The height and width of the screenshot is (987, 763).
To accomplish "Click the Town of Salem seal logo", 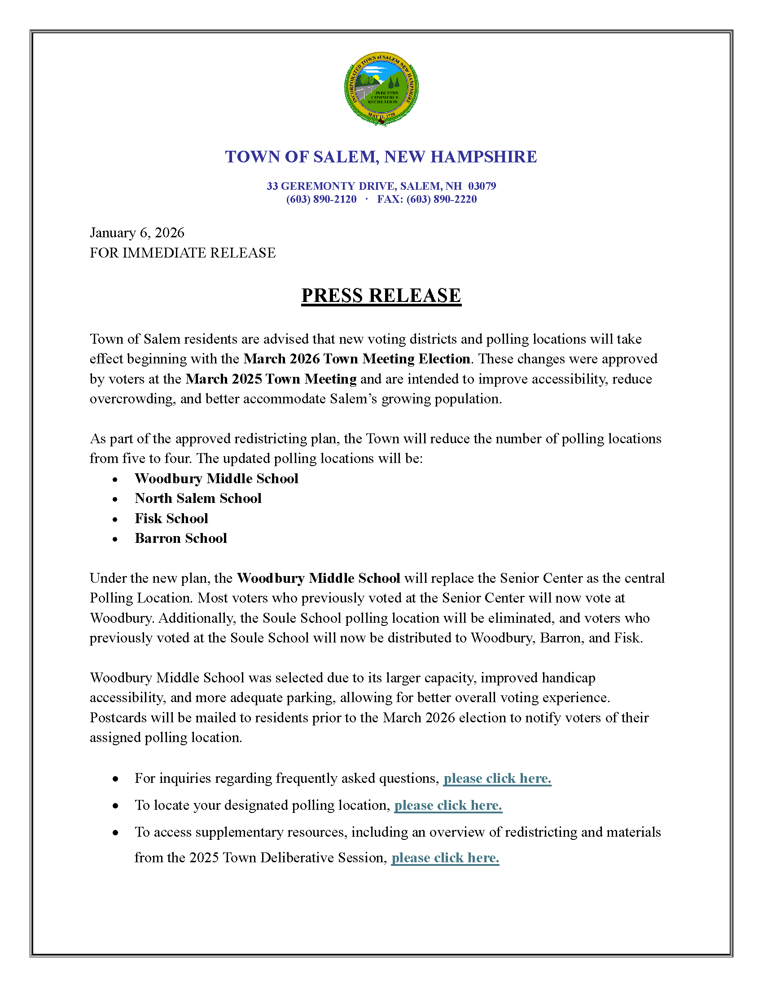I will point(381,88).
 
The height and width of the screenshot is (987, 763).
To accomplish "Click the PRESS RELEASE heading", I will point(381,296).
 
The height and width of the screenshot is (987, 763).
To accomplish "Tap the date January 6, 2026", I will point(137,233).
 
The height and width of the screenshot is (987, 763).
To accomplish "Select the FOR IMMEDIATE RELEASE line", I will point(183,253).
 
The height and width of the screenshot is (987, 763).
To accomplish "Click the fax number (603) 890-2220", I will point(441,199).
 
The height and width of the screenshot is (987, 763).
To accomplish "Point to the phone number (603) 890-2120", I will point(321,199).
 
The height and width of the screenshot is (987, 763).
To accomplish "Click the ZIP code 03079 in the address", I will point(482,186).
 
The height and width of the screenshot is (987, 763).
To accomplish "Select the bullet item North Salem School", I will point(198,498).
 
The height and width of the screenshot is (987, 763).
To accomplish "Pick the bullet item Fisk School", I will point(171,518).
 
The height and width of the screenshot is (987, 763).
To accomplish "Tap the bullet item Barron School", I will point(181,538).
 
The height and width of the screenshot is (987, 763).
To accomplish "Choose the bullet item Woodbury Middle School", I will point(216,478).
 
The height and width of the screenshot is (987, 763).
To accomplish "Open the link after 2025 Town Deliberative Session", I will point(445,858).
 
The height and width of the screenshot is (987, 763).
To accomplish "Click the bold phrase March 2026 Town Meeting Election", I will point(357,359).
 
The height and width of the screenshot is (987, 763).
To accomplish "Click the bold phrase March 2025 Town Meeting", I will point(271,379).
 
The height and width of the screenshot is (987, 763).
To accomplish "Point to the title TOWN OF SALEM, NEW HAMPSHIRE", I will point(381,157).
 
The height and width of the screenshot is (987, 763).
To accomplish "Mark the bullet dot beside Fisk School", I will point(115,520).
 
